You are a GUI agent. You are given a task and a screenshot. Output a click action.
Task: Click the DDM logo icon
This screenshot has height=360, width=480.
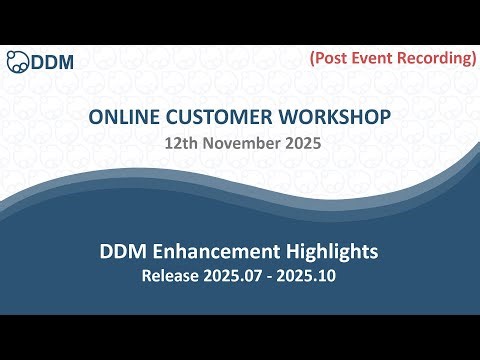point(17,61)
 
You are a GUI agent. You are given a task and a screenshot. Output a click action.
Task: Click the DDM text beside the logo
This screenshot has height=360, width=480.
point(53,62)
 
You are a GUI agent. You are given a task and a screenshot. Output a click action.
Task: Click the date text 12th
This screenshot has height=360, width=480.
point(184,144)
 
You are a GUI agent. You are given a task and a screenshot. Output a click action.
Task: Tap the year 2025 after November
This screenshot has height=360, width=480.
point(300,144)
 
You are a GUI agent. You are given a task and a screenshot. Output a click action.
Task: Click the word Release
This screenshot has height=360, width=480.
point(173,271)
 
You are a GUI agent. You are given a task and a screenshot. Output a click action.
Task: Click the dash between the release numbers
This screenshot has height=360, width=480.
point(269,272)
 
